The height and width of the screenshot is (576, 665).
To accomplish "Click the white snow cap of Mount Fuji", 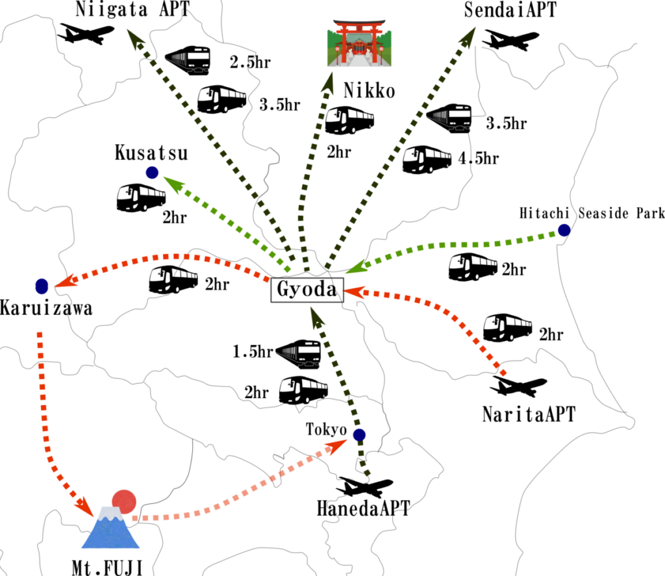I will tap(110, 512).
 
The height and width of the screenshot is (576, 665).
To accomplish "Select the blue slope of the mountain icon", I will tap(110, 536).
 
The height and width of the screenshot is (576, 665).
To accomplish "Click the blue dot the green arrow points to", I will tap(152, 173).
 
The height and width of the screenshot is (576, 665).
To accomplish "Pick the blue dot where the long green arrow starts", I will tap(564, 230).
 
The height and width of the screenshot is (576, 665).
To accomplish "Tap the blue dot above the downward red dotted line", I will tap(42, 286).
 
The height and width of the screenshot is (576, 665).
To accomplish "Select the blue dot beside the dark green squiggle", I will tap(359, 434).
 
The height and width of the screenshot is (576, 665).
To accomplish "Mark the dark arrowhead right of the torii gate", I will tap(468, 36).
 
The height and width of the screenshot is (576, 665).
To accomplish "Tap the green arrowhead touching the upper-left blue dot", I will tap(173, 184).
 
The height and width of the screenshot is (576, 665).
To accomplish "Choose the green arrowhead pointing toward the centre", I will tap(355, 266).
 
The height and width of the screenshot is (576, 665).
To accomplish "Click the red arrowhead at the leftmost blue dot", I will tap(66, 281).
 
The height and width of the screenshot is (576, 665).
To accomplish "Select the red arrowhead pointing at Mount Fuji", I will tap(84, 506).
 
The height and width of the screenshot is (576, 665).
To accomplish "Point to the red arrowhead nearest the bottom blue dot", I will tap(336, 446).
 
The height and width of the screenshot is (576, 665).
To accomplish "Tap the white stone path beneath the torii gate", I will tap(359, 60).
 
